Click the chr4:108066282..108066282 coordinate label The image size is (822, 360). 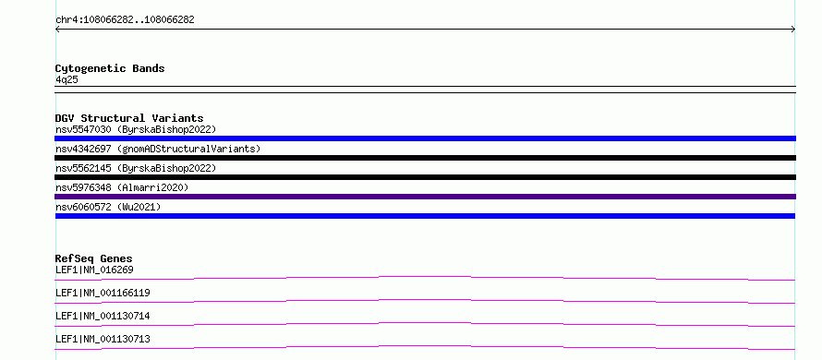click(125, 20)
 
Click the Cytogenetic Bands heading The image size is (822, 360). click(110, 68)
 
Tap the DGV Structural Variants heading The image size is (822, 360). click(129, 118)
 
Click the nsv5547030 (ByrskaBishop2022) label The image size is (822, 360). click(136, 129)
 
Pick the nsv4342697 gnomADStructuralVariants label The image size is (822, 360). click(158, 149)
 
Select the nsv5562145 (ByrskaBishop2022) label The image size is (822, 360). click(136, 168)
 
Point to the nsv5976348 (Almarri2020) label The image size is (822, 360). click(122, 187)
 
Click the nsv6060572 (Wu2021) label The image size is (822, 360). click(108, 207)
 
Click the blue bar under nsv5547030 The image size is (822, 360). click(425, 138)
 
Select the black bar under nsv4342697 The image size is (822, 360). click(425, 158)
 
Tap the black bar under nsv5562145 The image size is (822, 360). click(425, 177)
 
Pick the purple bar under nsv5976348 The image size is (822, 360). click(425, 197)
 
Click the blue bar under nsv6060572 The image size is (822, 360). click(425, 216)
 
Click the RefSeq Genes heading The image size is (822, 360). click(94, 258)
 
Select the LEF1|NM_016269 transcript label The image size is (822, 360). click(94, 270)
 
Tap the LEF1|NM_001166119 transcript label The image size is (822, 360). click(103, 293)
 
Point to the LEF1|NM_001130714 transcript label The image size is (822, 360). click(103, 316)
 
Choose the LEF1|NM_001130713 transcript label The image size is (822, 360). click(103, 339)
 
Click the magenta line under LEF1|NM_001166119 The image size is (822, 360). click(425, 300)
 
